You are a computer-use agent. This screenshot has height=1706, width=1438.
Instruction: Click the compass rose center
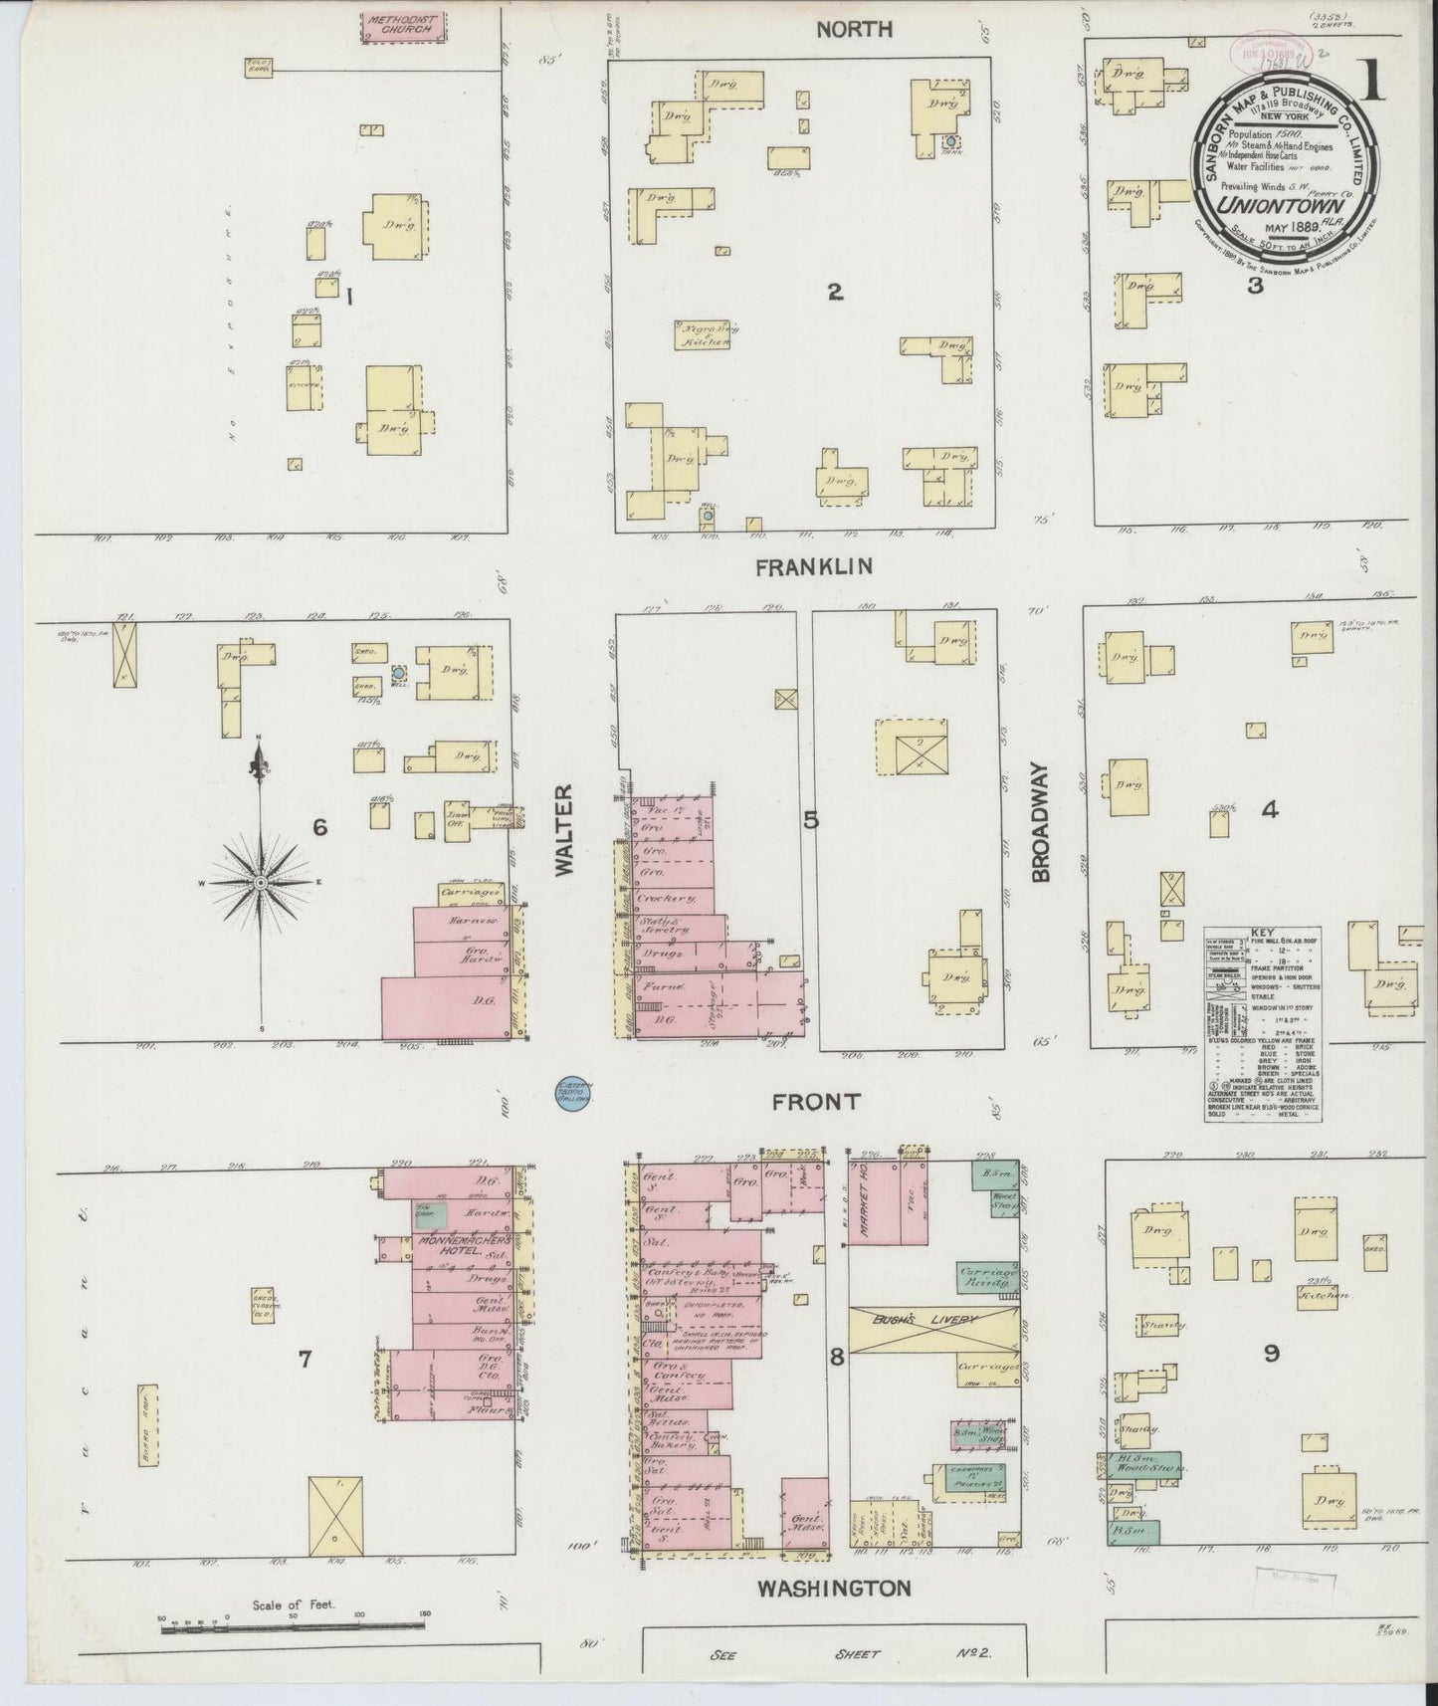(261, 882)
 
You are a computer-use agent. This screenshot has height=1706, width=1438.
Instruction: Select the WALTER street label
(564, 830)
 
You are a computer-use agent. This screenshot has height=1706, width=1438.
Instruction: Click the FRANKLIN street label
(814, 566)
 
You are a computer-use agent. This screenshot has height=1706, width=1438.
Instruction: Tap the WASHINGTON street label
(834, 1588)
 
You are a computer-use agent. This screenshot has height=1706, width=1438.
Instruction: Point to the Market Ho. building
(865, 1202)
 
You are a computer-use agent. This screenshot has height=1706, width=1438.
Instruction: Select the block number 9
(1271, 1353)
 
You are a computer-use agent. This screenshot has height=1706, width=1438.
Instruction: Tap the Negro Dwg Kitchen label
(705, 334)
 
